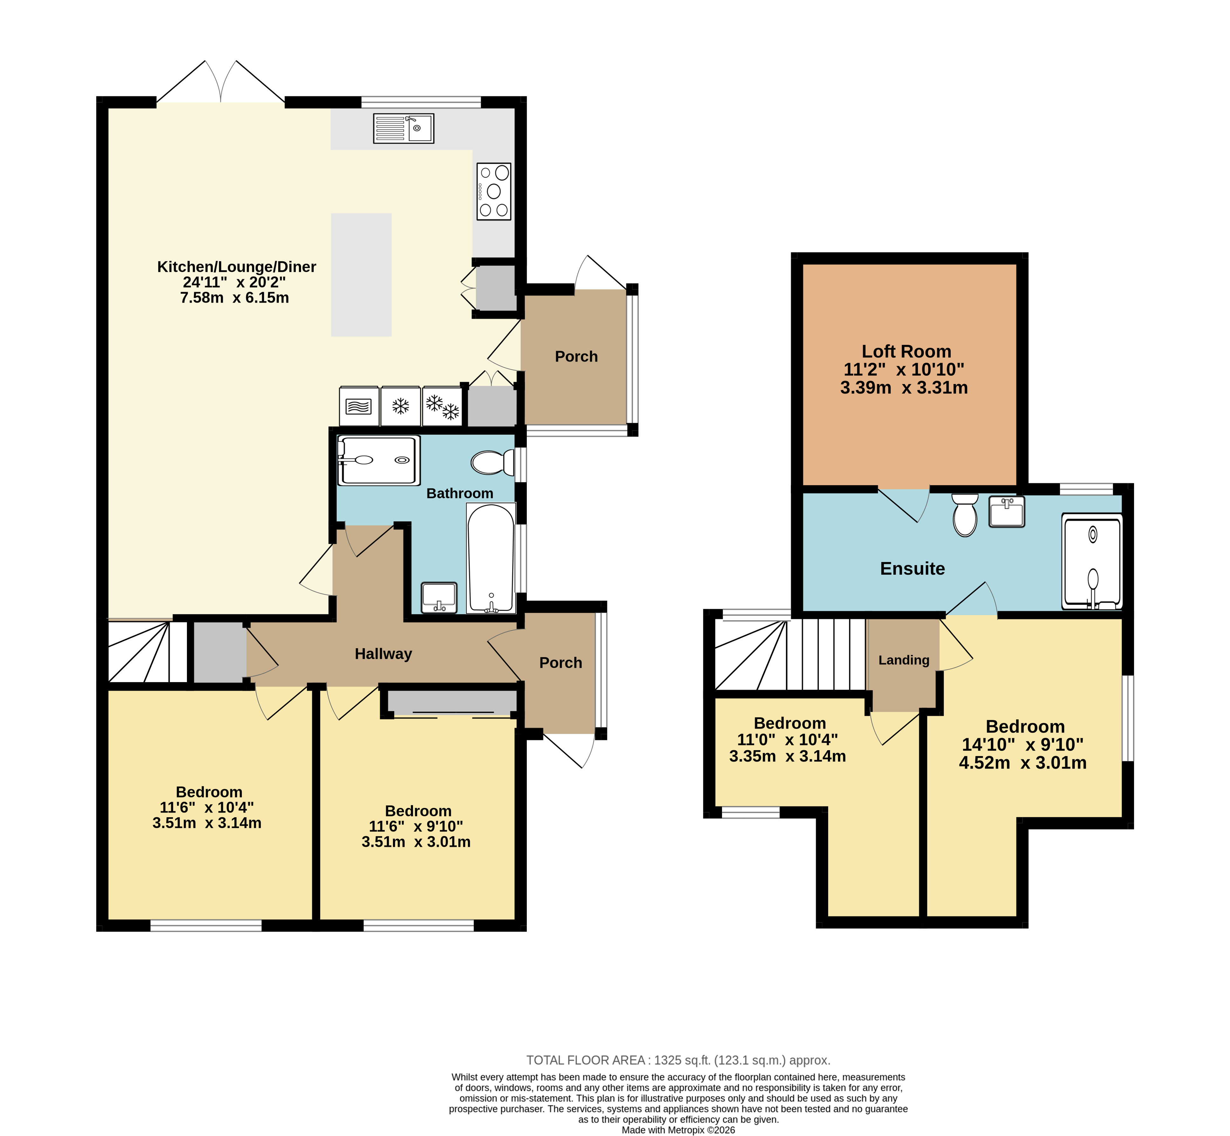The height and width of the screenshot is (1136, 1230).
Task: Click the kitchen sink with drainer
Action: click(x=403, y=128)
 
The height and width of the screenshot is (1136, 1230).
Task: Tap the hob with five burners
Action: click(x=494, y=191)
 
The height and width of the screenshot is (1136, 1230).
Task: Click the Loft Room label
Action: click(x=906, y=352)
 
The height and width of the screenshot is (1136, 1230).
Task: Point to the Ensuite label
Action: click(x=912, y=569)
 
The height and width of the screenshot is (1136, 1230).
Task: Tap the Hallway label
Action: click(x=383, y=654)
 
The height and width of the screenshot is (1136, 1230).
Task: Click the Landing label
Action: click(x=904, y=660)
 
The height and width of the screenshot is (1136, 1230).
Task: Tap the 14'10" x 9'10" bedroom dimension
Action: click(x=1022, y=745)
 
